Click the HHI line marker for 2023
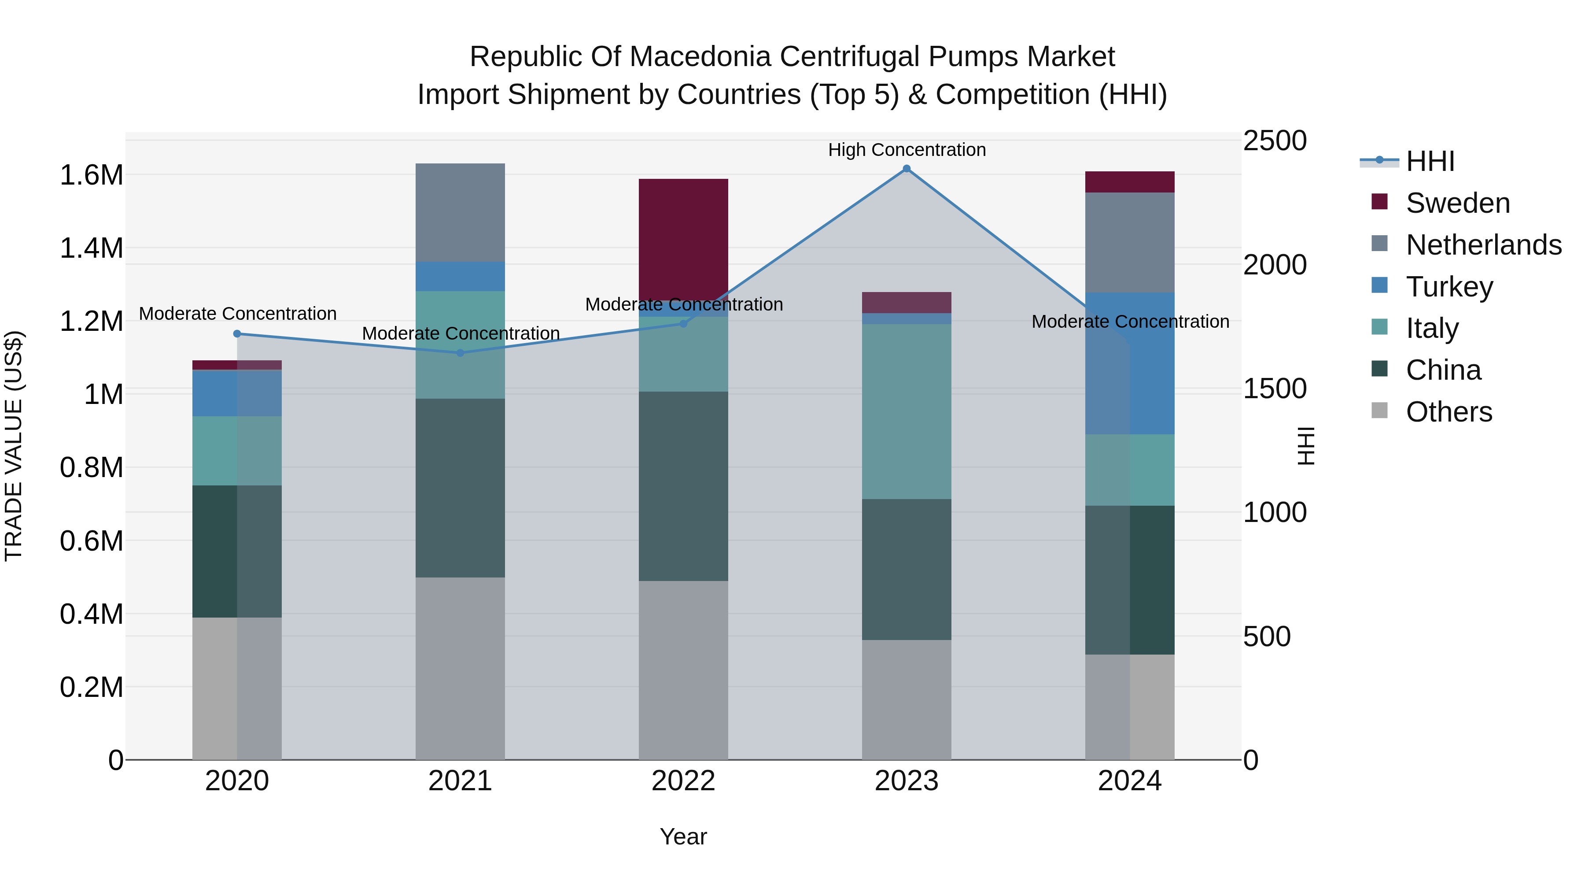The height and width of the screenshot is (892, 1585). pyautogui.click(x=907, y=169)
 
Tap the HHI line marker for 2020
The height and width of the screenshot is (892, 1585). pyautogui.click(x=237, y=333)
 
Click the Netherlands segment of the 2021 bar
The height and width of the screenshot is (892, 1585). pyautogui.click(x=460, y=212)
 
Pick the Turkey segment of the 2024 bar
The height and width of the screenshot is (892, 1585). pyautogui.click(x=1130, y=363)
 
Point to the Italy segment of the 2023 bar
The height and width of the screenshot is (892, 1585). pyautogui.click(x=907, y=411)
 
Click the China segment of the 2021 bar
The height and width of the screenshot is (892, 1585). pyautogui.click(x=460, y=488)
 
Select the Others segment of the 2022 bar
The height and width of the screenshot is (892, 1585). pyautogui.click(x=683, y=670)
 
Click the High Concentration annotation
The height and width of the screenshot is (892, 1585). pyautogui.click(x=907, y=150)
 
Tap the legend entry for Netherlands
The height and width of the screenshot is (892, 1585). pyautogui.click(x=1483, y=245)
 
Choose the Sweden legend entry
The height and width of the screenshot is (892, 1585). pyautogui.click(x=1457, y=203)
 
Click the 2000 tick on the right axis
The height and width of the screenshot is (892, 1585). pyautogui.click(x=1274, y=265)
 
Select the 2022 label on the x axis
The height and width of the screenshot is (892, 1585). pyautogui.click(x=683, y=781)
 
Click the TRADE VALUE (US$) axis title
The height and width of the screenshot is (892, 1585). pyautogui.click(x=14, y=446)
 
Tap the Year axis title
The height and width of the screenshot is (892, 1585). pyautogui.click(x=683, y=836)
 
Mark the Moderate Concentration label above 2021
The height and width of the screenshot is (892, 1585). pyautogui.click(x=460, y=333)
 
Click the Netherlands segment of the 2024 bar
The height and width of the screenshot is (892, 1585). pyautogui.click(x=1130, y=243)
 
